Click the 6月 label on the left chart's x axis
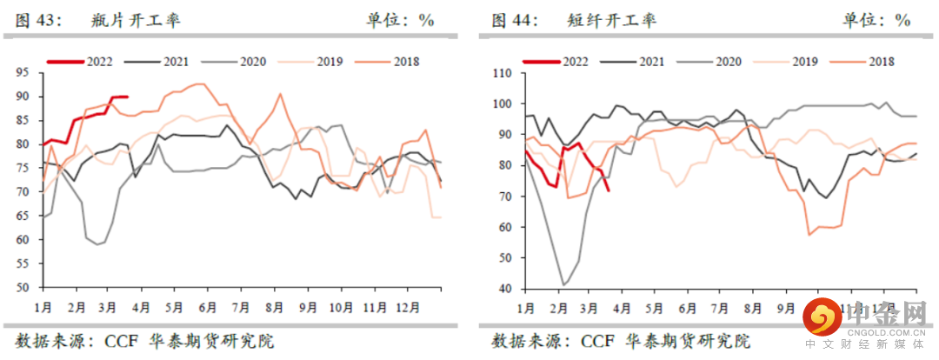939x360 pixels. pos(209,306)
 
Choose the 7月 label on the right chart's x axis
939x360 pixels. pos(721,307)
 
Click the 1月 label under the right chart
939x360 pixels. pos(525,307)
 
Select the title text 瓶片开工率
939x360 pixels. pos(135,20)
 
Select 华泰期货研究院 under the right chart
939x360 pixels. pos(688,340)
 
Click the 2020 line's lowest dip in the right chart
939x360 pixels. pos(565,284)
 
